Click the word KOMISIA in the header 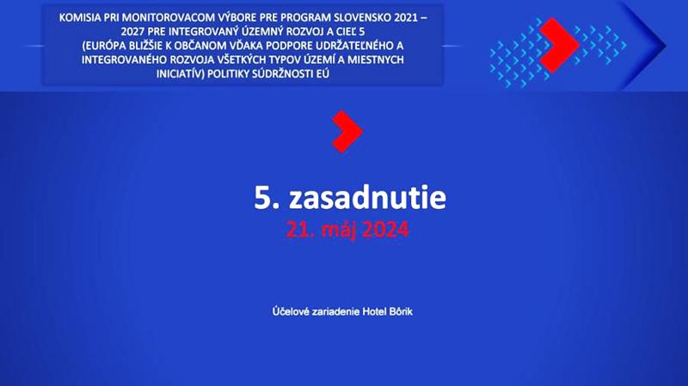(75, 17)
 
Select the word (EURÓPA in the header (101, 46)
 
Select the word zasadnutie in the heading (368, 198)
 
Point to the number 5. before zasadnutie (267, 199)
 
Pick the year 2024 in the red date (385, 230)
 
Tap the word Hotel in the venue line (374, 311)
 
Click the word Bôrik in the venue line (401, 311)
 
